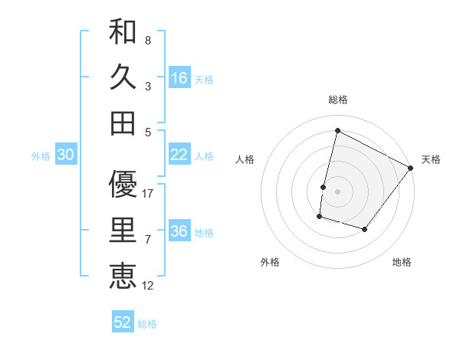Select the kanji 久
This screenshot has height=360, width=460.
coord(123,77)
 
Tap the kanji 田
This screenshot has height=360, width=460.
coord(123,123)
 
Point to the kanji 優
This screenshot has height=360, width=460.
coord(123,184)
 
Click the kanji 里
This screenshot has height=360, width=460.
coord(123,230)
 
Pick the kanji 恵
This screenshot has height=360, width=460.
coord(123,276)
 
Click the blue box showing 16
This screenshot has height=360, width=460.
coord(179,77)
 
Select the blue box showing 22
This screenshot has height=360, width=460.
coord(179,155)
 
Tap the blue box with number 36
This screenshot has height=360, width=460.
coord(179,231)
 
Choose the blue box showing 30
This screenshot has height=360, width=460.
coord(66,155)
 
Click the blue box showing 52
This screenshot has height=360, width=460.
coord(123,322)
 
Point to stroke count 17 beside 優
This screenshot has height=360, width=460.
coord(148,194)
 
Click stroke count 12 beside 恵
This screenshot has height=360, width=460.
coord(148,286)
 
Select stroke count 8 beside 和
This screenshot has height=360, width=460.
coord(148,40)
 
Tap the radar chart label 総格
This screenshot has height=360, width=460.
coord(338,100)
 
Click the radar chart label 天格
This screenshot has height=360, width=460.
coord(431,159)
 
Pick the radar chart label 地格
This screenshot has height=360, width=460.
coord(402,262)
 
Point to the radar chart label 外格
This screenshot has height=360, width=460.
coord(270,262)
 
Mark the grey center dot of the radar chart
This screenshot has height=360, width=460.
coord(338,191)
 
